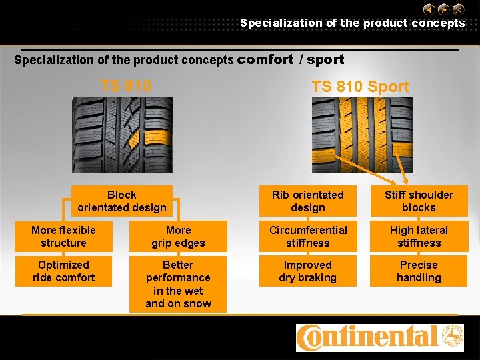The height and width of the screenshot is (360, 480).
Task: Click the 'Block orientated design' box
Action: point(121,201)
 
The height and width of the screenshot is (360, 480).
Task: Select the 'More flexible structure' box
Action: point(63,237)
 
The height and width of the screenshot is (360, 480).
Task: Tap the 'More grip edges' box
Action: point(178,237)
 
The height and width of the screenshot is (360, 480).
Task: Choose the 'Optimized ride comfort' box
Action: point(63,271)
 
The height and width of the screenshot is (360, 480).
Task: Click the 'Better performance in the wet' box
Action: point(178,284)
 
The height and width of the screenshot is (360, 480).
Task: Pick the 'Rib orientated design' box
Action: point(307,201)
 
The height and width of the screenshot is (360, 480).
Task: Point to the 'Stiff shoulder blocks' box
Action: point(419,201)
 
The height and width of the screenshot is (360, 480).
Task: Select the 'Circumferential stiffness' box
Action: point(307,237)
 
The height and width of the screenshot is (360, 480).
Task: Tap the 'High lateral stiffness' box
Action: point(419,237)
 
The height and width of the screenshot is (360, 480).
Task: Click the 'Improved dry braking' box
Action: point(307,271)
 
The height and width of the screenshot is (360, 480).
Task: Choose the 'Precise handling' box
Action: point(419,271)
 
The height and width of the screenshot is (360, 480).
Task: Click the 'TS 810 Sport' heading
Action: point(360,87)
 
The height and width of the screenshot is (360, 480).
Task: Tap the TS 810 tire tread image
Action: point(122,135)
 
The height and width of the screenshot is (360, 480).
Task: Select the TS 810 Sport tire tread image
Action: point(362,135)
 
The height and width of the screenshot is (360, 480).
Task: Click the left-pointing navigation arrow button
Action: point(429,9)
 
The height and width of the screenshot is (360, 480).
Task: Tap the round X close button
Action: point(459,9)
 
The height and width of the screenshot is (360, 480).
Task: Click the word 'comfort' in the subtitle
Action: point(265,59)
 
